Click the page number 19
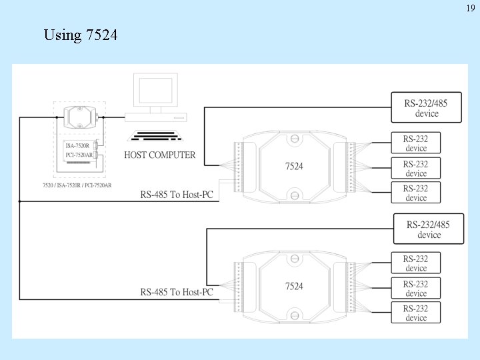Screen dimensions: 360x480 (469, 9)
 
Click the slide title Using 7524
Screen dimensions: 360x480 (81, 35)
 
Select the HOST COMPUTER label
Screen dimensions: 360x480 (160, 155)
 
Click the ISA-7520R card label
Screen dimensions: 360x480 (77, 145)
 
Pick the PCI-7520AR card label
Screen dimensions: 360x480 (79, 155)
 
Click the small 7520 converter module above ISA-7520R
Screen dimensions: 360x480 (79, 117)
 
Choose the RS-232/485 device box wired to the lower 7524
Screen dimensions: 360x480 (429, 229)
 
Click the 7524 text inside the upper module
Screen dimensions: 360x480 (294, 166)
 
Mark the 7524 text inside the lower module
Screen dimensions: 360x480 (294, 286)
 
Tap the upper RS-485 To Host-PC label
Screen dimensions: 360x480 (177, 195)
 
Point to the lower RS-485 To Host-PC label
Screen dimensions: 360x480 (177, 292)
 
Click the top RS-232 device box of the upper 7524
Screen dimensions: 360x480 (416, 143)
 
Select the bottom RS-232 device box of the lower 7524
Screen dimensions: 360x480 (416, 313)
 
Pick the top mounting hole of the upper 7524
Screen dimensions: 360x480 (293, 140)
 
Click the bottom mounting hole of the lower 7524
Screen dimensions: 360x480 (293, 315)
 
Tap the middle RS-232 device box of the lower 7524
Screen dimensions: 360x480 (416, 288)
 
